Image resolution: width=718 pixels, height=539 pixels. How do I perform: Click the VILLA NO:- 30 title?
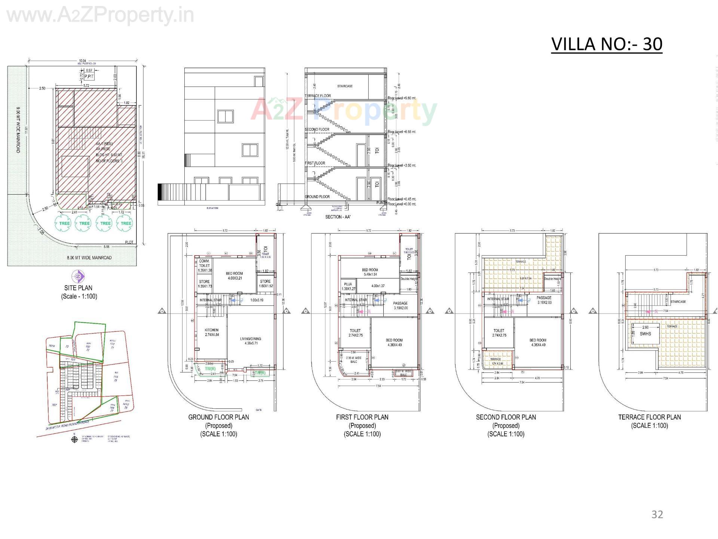(x=607, y=44)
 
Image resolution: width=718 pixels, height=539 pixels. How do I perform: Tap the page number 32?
(x=657, y=514)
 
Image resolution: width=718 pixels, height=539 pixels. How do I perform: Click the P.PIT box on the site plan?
(x=89, y=76)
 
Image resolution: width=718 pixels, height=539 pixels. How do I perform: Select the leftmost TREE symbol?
(x=64, y=223)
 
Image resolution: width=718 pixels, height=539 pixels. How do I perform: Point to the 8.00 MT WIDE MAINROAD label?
(x=89, y=258)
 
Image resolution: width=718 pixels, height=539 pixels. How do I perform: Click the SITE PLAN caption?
(x=78, y=288)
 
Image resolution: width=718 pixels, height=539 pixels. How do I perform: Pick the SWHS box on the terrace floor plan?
(x=645, y=333)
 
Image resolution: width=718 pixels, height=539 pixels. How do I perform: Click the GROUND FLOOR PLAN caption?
(x=218, y=417)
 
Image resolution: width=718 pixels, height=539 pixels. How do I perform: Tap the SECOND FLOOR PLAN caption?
(x=506, y=417)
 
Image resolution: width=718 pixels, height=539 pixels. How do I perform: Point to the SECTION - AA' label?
(x=338, y=217)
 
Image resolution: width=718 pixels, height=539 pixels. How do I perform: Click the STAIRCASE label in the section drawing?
(x=345, y=86)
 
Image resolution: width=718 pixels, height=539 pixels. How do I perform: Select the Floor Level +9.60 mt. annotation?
(x=402, y=98)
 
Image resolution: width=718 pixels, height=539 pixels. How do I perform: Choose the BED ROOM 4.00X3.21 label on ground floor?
(x=234, y=276)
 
